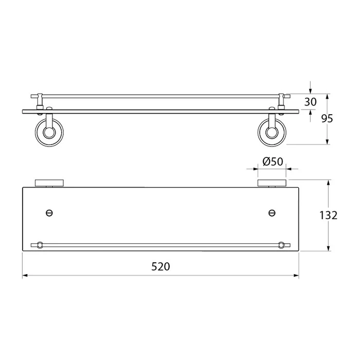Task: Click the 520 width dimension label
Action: (x=160, y=266)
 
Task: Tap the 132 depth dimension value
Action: (x=328, y=215)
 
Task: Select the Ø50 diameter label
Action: (x=273, y=161)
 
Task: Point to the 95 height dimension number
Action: (x=327, y=119)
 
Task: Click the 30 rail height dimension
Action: (x=311, y=102)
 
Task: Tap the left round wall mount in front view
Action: (x=49, y=133)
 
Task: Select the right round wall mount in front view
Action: (x=272, y=133)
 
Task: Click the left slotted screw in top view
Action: (x=49, y=213)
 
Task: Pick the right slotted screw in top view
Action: (x=272, y=213)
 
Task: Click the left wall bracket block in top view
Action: (x=49, y=183)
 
